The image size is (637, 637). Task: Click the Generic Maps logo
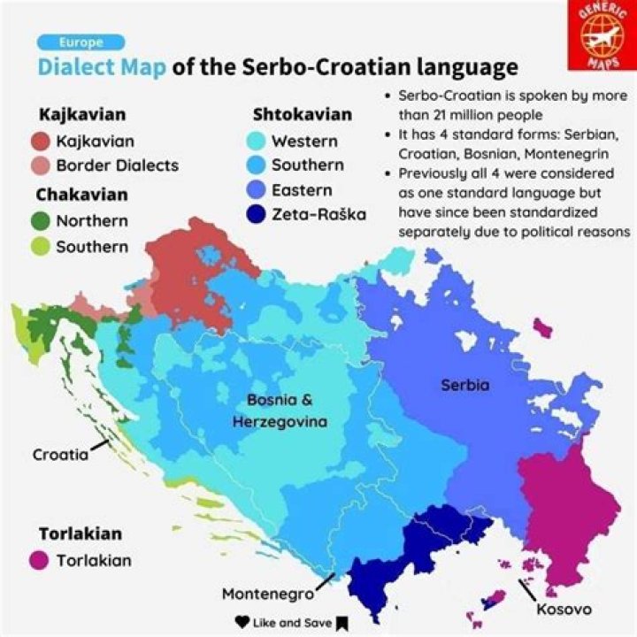coord(601,35)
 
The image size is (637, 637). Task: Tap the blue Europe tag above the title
coord(81,42)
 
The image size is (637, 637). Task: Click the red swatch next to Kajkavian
coord(39,141)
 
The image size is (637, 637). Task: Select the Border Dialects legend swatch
coord(39,165)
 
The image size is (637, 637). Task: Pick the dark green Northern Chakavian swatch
coord(39,221)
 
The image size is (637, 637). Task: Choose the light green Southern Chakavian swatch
coord(39,247)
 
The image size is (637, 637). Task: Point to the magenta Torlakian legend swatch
coord(39,560)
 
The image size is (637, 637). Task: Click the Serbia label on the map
coord(464,385)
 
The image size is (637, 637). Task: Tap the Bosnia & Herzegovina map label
coord(280,411)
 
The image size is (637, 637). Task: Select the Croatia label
coord(60,455)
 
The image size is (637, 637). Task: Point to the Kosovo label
coord(564,610)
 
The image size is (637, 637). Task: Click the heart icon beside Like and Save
coord(242,622)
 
